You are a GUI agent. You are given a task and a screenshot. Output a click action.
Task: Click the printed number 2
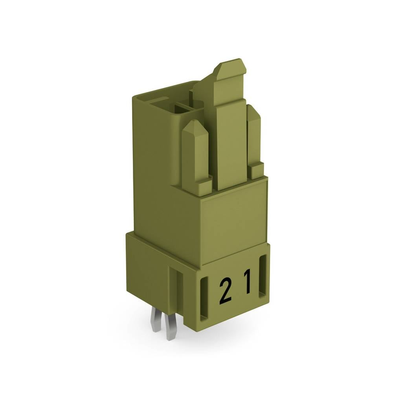[225, 290]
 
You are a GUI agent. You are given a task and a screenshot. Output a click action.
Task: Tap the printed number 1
[247, 281]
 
